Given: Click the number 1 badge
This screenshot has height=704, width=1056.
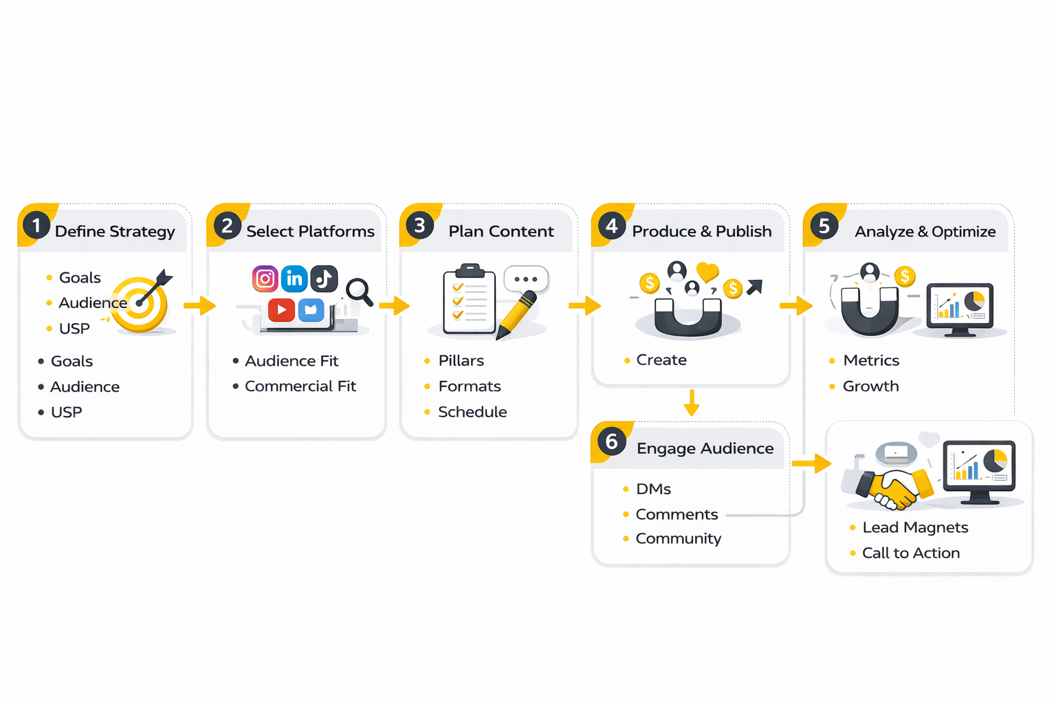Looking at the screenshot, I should coord(36,225).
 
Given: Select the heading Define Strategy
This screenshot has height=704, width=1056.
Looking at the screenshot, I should coord(115,232).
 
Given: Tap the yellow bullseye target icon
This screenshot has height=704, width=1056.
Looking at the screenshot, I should coord(141,303).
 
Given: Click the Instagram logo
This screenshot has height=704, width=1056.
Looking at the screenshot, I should coord(265,278).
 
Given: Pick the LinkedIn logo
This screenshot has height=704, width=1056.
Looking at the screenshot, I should coord(294,278).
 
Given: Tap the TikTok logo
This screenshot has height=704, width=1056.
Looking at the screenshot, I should coord(324,278).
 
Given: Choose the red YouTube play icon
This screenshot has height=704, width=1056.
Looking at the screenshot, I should coord(281,310).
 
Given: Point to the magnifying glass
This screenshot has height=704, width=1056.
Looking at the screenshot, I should coord(359,291).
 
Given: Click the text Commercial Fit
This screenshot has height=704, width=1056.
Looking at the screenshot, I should coord(300,386).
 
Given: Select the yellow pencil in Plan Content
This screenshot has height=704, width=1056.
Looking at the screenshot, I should coord(517,315).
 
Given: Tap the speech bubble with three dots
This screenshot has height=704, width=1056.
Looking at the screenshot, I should coord(526,279).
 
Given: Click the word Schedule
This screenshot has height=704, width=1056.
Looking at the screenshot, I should coord(472,412).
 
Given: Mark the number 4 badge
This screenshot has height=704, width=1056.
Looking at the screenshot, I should coord(611,225).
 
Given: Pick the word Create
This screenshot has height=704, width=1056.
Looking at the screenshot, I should coord(661,360).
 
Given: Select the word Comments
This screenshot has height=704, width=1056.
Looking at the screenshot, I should coord(676,514).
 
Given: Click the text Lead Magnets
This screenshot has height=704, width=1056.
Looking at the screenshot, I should coord(915,527).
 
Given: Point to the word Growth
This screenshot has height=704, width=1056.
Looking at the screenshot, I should coord(870,386).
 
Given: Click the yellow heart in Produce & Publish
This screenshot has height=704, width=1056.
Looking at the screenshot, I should coord(707,272).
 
